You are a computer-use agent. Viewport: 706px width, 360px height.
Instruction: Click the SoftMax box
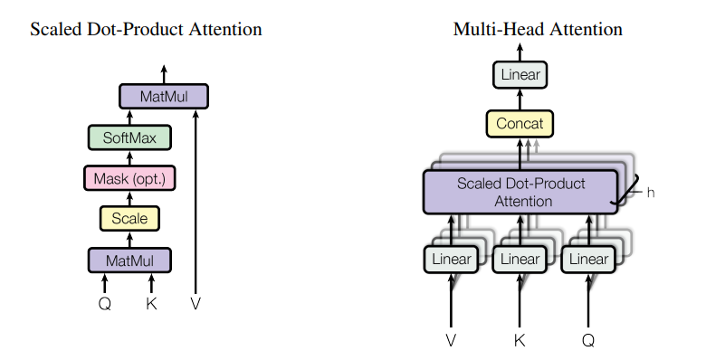[x=129, y=137]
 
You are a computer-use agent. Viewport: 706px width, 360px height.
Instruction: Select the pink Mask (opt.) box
[x=129, y=178]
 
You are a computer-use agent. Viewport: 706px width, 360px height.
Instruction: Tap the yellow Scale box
[x=129, y=218]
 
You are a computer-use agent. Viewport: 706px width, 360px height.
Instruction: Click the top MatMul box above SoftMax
[x=164, y=96]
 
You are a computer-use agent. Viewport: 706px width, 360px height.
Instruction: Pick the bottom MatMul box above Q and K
[x=129, y=261]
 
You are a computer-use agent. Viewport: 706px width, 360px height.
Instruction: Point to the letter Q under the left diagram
[x=104, y=304]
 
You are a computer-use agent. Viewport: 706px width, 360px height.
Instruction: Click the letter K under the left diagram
[x=151, y=304]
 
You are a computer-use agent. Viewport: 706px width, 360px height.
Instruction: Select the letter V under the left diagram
[x=196, y=304]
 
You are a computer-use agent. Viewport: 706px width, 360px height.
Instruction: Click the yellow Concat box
[x=520, y=123]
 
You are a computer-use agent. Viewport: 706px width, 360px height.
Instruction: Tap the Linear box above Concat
[x=520, y=75]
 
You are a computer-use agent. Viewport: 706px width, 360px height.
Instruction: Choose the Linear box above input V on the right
[x=451, y=260]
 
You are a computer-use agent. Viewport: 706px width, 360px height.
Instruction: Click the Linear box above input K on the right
[x=520, y=260]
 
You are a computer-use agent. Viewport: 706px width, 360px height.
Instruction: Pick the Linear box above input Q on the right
[x=588, y=260]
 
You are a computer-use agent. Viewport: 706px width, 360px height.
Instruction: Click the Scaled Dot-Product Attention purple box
[x=520, y=192]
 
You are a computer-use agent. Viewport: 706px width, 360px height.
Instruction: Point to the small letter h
[x=650, y=193]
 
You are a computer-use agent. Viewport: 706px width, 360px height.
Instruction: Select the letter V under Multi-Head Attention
[x=451, y=340]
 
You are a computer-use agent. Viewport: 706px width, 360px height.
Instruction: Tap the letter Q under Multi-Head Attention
[x=588, y=341]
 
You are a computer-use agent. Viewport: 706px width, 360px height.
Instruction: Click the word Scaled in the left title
[x=56, y=29]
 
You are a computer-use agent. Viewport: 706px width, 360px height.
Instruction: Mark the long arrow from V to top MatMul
[x=196, y=202]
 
